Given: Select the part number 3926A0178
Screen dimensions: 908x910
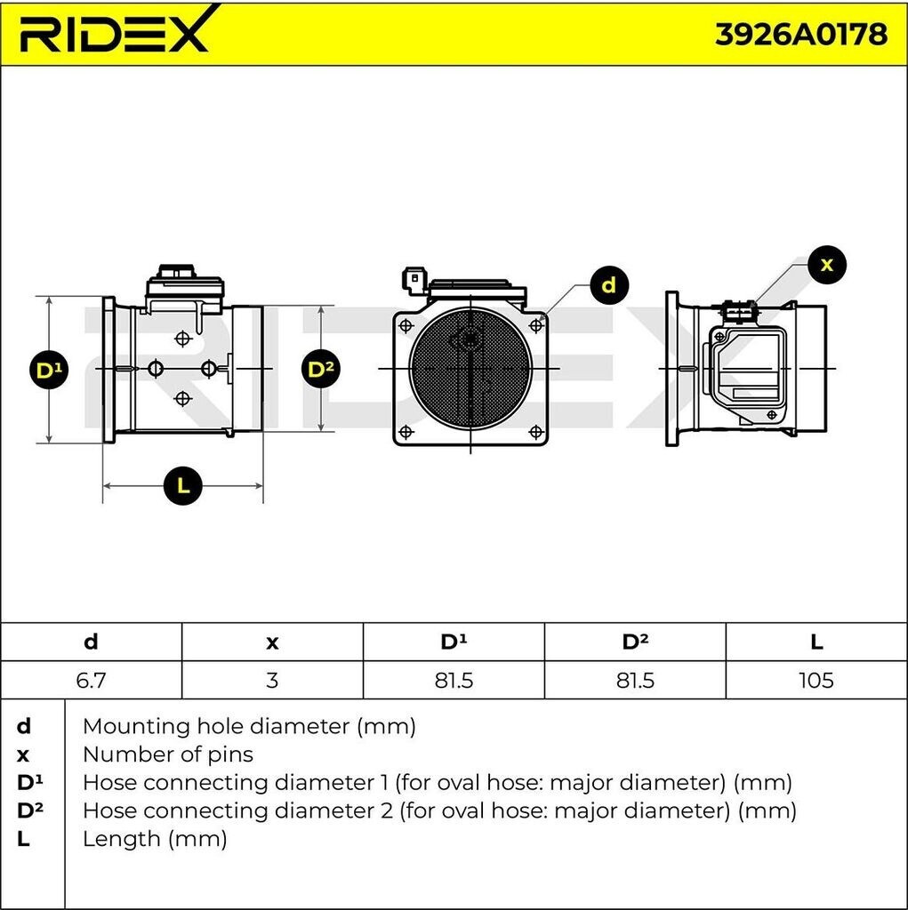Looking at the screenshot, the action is pos(800,35).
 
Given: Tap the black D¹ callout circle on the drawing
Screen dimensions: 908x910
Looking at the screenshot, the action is pos(49,370).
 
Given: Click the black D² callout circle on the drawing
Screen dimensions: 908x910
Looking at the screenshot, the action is pos(321,369).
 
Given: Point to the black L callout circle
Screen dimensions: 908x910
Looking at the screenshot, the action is pos(183,485).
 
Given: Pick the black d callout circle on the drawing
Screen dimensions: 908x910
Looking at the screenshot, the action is pos(609,285).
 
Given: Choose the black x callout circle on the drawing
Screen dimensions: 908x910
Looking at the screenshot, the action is pos(827,265).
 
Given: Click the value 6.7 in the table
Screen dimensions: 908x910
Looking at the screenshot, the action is pos(92,680).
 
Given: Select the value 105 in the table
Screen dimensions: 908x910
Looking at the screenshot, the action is pos(816,680).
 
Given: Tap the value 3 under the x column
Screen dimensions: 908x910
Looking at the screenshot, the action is pos(272,680).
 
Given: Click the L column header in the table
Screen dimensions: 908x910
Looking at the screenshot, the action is pos(816,642).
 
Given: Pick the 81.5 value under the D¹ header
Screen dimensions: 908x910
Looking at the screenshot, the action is pos(454,680).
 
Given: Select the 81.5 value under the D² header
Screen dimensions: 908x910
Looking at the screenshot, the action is pos(635,680).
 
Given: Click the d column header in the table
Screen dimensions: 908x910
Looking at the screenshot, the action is pos(92,642).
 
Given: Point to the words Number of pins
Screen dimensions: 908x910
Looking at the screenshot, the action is pos(168,754).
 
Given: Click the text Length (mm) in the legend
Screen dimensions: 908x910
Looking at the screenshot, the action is pos(155,839).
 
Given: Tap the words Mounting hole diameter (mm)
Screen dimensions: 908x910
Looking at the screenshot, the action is pos(249,727).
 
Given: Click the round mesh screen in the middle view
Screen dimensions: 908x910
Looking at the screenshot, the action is pos(470,369).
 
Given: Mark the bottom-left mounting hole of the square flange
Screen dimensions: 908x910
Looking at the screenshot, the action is pos(406,432).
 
